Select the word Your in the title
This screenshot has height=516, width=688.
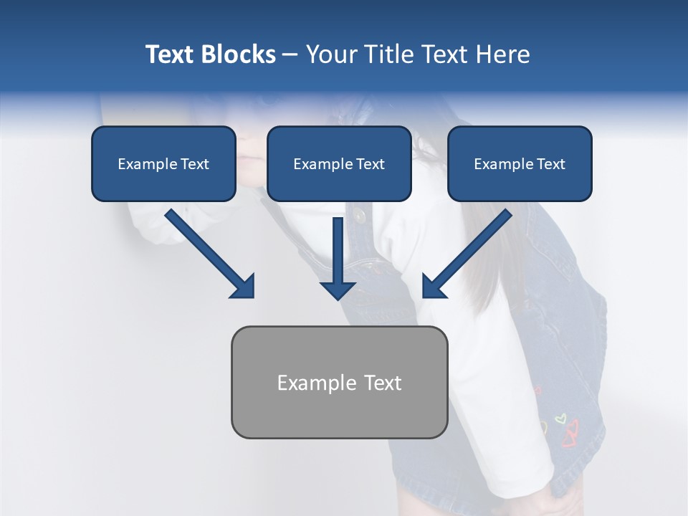point(332,54)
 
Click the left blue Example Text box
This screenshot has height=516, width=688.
point(163,164)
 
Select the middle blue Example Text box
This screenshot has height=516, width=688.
point(339,164)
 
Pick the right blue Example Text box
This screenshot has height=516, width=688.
point(520,164)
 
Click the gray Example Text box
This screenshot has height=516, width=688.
point(339,383)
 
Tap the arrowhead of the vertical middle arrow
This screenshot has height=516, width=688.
point(338,290)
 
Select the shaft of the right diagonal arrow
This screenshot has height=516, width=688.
point(477,244)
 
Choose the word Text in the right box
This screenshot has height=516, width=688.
point(550,164)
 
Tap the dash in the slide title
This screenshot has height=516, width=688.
point(290,54)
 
